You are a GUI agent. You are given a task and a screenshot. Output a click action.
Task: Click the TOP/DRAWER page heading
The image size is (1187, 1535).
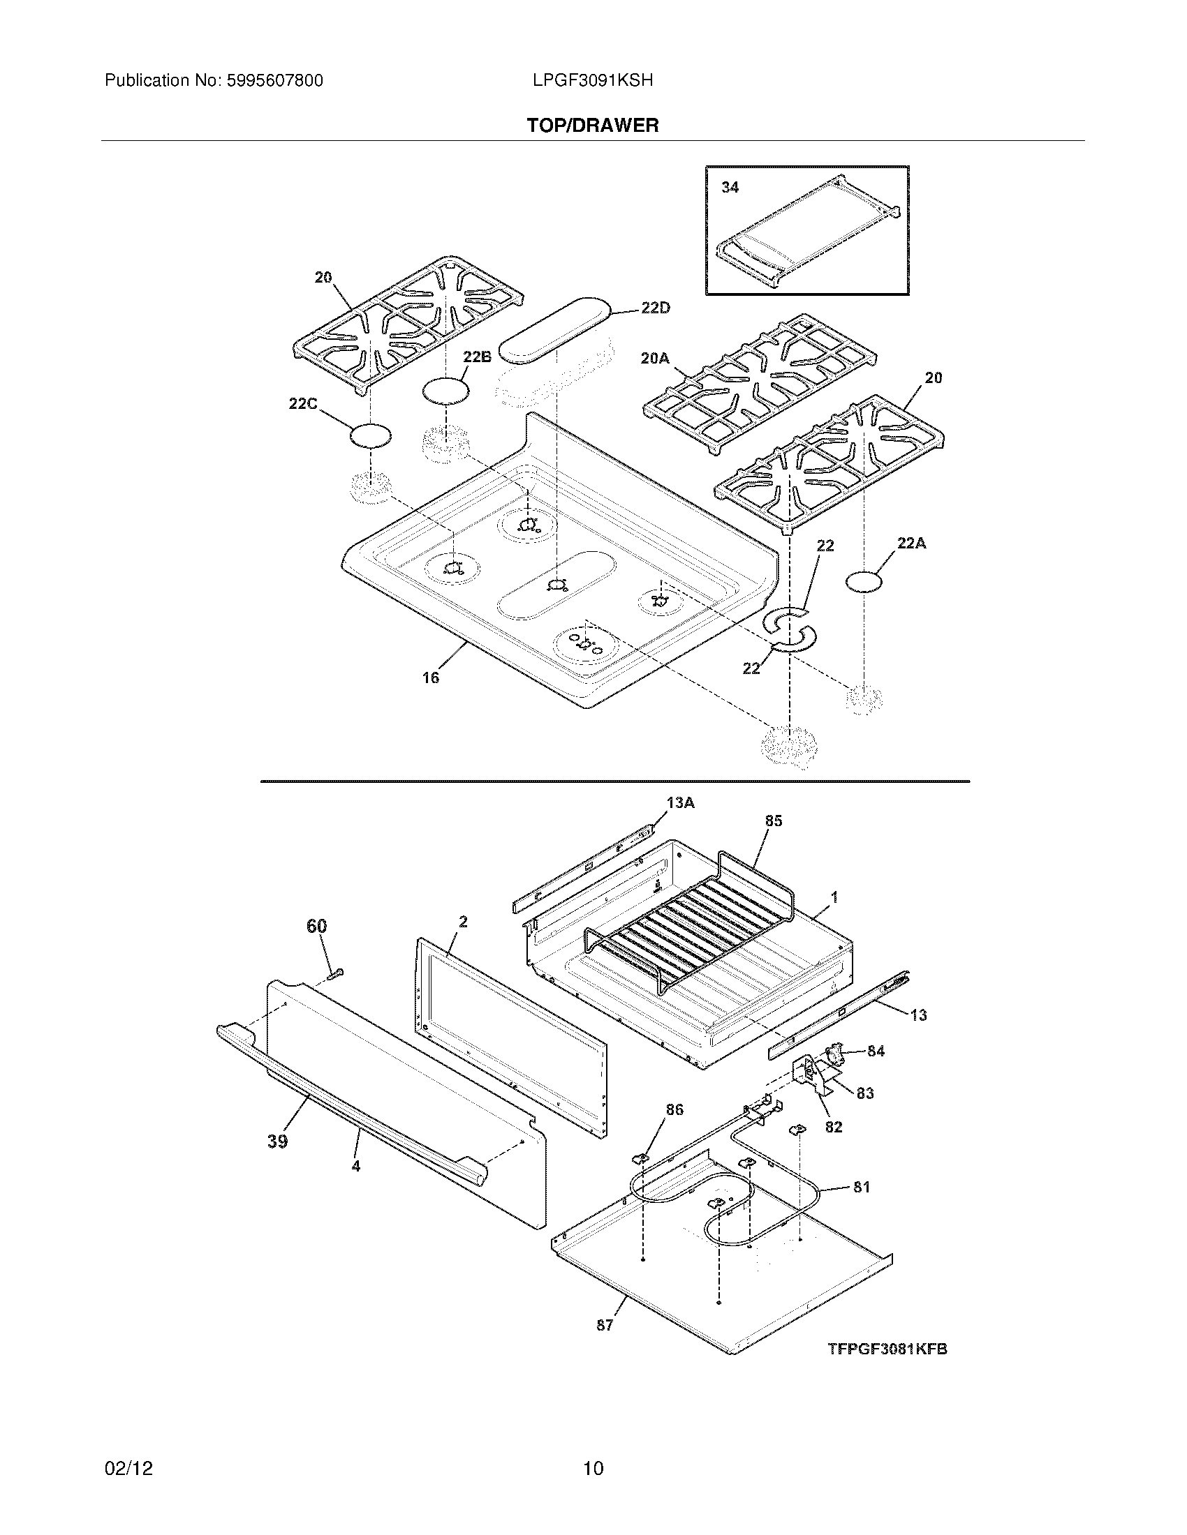pos(593,126)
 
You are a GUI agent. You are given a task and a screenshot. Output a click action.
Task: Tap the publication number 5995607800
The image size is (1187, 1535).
pos(274,81)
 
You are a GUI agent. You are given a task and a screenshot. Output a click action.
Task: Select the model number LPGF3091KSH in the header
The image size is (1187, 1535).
pos(593,81)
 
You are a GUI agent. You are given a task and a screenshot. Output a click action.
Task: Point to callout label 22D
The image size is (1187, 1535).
pos(656,308)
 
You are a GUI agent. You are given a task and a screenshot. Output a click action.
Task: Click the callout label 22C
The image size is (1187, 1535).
pos(303,404)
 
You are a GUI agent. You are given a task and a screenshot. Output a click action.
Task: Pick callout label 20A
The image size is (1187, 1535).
pos(655,359)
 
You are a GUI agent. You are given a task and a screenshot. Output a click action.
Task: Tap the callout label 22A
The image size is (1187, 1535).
pos(911,543)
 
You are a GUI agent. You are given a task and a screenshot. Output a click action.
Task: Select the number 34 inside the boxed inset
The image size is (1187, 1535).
pos(730,187)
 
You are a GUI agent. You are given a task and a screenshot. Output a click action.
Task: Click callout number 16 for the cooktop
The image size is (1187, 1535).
pos(430,677)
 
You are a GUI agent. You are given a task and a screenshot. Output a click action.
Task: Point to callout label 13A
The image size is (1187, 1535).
pos(680,802)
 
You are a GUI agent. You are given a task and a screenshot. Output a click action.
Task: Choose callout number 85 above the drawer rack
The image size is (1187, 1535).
pos(773,821)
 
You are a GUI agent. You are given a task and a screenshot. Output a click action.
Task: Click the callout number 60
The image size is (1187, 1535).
pos(316,927)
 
